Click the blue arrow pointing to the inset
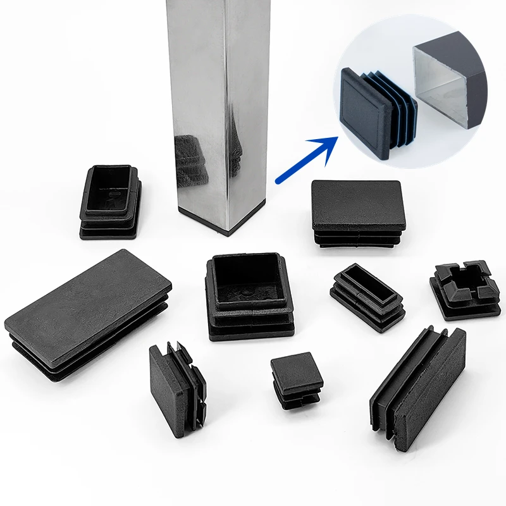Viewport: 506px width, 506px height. coord(303,161)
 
